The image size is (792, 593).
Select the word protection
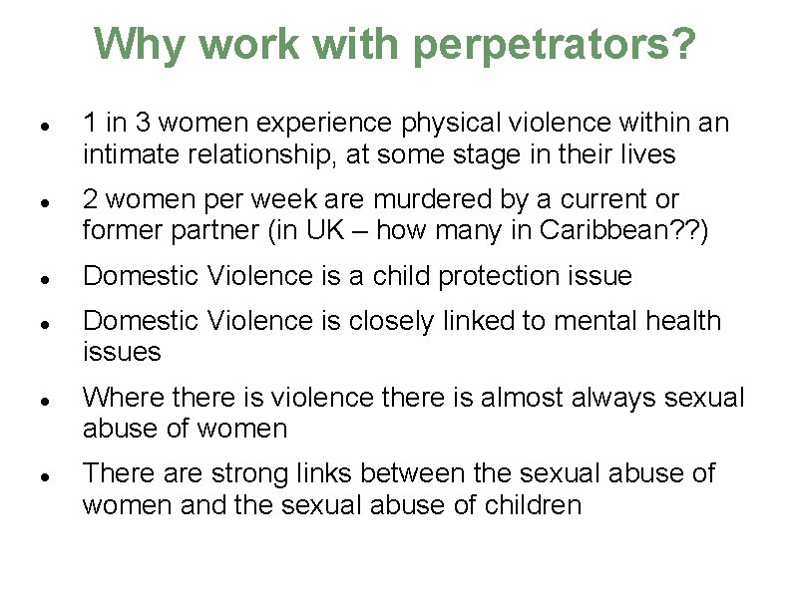497,276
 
